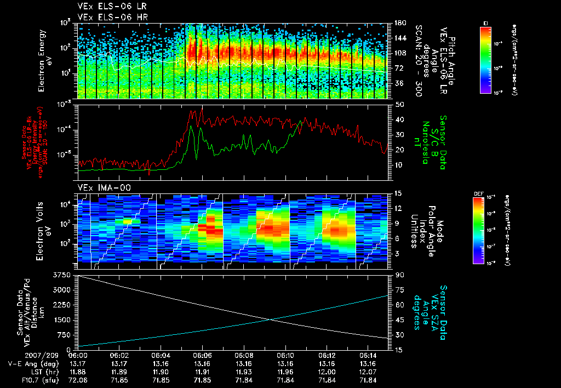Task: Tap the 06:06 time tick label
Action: click(x=202, y=355)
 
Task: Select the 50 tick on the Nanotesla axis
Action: click(x=399, y=104)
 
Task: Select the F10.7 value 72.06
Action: click(x=80, y=379)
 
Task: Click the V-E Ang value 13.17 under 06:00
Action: click(x=80, y=363)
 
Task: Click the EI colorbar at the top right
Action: click(x=485, y=58)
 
